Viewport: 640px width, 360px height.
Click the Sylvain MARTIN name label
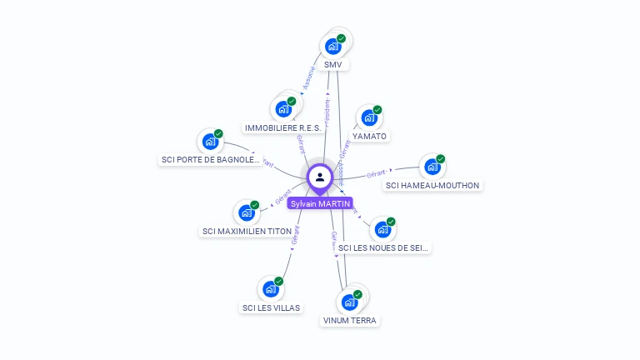[320, 203]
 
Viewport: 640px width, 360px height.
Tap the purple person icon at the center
[320, 177]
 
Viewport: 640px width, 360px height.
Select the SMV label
[333, 64]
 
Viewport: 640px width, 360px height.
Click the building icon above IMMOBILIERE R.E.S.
[283, 109]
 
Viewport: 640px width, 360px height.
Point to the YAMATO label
[369, 136]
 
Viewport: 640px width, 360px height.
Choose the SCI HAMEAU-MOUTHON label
[432, 185]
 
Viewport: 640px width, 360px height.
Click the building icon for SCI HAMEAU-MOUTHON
[432, 167]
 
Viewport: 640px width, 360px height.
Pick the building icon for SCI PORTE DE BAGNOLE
[210, 142]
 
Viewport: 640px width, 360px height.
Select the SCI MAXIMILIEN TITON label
[247, 231]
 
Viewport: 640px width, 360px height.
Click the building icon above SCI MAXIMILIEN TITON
[246, 212]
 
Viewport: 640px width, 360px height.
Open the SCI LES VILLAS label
[270, 307]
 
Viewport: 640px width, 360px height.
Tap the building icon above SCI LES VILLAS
[270, 289]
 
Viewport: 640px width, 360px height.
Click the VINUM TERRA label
[349, 320]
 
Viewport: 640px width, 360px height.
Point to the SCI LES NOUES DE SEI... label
[385, 247]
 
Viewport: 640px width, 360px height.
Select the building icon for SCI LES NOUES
[382, 229]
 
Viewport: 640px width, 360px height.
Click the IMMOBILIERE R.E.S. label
[283, 127]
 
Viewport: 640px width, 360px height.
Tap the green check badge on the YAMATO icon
[377, 110]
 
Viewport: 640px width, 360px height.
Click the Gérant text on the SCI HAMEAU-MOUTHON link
[376, 173]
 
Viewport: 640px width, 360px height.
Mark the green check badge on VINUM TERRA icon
[357, 294]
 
